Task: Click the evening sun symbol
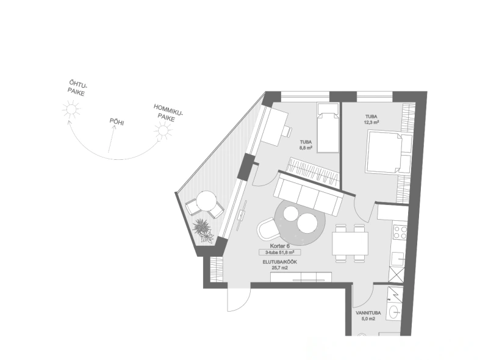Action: (71, 109)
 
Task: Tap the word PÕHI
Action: (117, 121)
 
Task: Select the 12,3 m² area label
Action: (371, 123)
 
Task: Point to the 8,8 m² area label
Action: (306, 148)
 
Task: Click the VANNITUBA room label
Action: (368, 313)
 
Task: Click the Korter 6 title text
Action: (279, 246)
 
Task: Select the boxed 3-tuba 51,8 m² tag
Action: (280, 252)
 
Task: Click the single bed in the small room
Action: (328, 128)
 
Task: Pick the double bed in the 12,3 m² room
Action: (389, 152)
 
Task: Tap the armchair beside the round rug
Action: (268, 228)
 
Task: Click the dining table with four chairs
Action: (350, 243)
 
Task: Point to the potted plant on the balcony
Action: (203, 230)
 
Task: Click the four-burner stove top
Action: (400, 232)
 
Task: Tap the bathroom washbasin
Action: (396, 311)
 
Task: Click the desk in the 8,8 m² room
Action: (274, 127)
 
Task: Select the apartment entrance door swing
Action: (238, 297)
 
